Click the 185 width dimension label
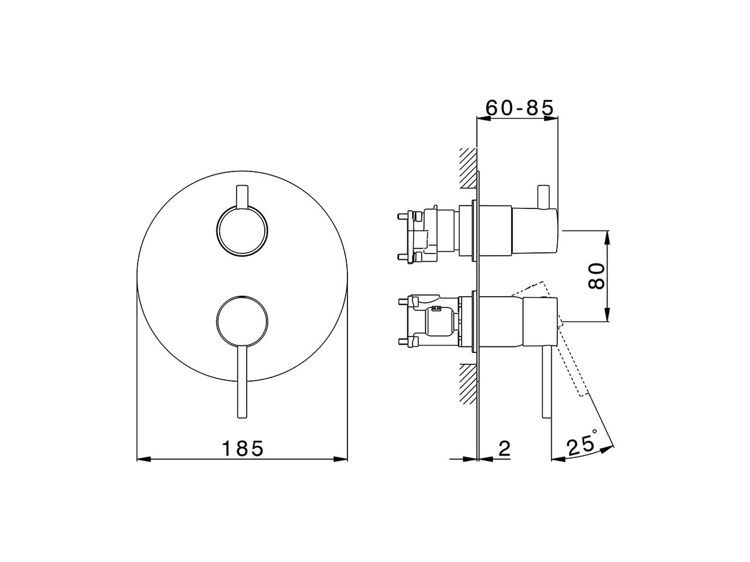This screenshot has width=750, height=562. click(x=243, y=448)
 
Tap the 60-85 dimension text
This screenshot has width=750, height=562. click(x=519, y=108)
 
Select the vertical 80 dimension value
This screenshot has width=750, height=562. click(x=597, y=276)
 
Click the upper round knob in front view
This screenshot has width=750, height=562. click(x=242, y=231)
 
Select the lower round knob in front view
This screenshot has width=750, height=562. click(x=242, y=321)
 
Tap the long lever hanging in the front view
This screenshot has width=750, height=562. click(x=242, y=382)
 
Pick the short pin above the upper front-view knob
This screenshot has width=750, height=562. click(x=242, y=197)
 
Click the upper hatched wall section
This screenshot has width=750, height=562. click(x=468, y=168)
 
